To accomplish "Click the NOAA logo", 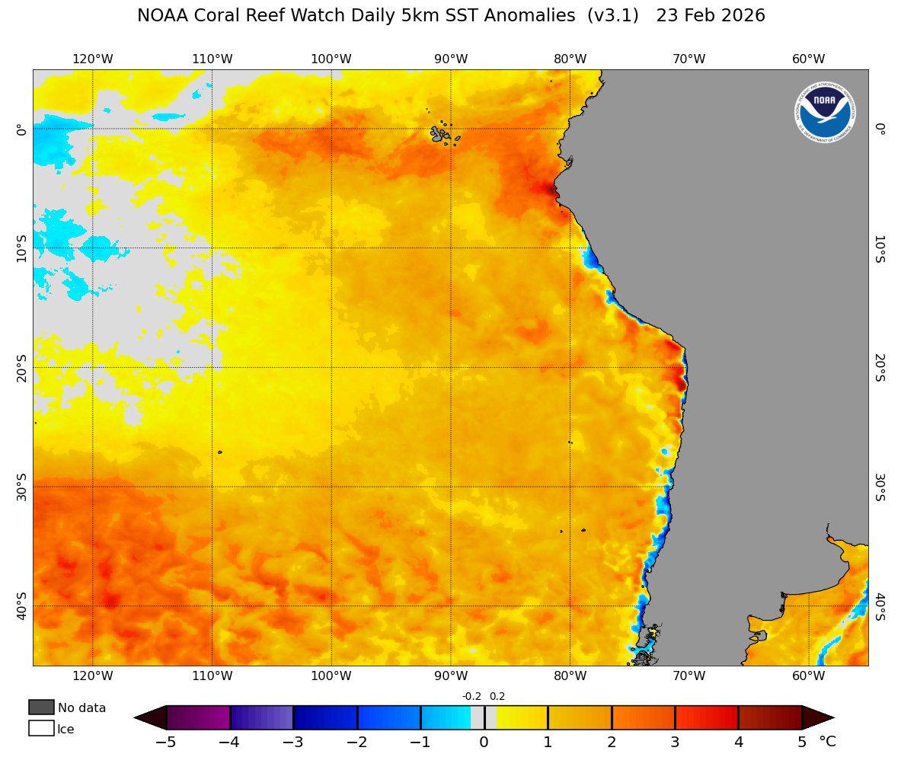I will (825, 113).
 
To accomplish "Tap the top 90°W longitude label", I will (450, 59).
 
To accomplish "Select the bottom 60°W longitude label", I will (808, 676).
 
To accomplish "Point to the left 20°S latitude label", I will (21, 368).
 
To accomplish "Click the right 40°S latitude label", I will (880, 607).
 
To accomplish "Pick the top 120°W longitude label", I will (93, 59).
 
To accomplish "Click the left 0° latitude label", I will (21, 129).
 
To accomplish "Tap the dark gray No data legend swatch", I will (41, 707).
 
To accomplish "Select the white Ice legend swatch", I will (41, 728).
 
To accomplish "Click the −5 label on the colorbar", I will (165, 743).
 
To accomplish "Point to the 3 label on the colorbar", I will (674, 743).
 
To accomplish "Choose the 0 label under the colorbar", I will (484, 743).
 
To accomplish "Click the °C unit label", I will (827, 742).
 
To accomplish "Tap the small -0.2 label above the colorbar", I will (471, 696).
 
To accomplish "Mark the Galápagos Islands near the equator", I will (444, 135).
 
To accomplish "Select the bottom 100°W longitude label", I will (331, 676).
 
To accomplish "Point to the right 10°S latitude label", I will (880, 249).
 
